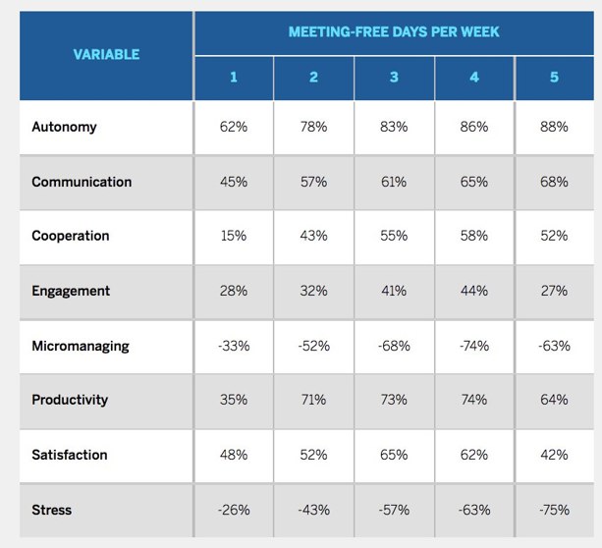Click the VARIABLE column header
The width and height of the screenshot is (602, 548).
(x=106, y=54)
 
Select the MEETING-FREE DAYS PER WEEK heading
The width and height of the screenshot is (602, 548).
(x=394, y=31)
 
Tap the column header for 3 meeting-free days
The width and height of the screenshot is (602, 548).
(x=394, y=77)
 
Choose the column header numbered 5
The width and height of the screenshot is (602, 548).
(x=554, y=77)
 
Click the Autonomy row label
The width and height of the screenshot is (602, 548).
(x=64, y=127)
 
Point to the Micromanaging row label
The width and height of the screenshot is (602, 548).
(x=80, y=346)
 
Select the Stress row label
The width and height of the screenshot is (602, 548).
(x=51, y=510)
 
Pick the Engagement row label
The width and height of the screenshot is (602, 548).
(x=71, y=291)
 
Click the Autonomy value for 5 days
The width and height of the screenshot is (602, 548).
(x=554, y=127)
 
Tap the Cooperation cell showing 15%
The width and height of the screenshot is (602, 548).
(x=234, y=236)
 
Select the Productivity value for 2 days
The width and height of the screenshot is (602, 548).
(x=313, y=400)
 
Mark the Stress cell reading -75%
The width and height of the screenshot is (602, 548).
(x=554, y=510)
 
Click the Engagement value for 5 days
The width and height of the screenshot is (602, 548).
(x=554, y=291)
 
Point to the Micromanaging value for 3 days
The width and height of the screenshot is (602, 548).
(x=394, y=346)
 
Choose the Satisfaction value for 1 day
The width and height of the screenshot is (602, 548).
(x=234, y=455)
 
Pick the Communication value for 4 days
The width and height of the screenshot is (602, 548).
(x=473, y=182)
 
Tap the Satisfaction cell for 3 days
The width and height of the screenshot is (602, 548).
(x=394, y=455)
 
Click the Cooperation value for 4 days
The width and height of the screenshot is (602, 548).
(x=473, y=236)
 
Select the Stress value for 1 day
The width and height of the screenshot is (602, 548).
(x=234, y=510)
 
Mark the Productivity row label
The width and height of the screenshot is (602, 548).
(x=70, y=400)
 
